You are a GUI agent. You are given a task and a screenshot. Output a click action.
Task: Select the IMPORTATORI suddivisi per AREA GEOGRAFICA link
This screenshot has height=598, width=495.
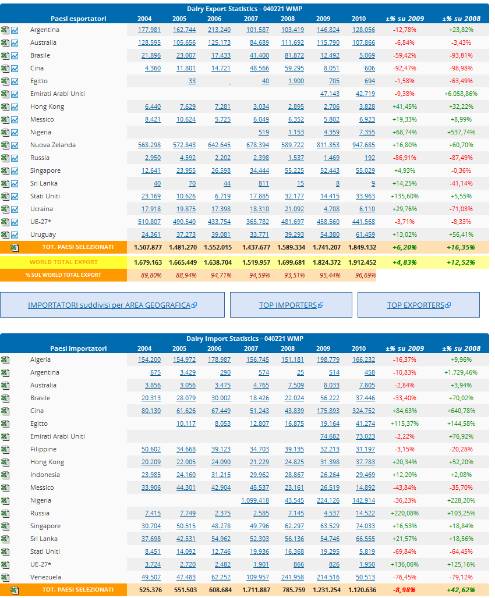point(112,305)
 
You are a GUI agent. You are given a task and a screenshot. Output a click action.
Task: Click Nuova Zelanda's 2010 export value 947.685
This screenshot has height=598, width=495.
point(363,145)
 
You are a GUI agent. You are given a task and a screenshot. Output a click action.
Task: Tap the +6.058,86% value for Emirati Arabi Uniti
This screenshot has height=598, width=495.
point(461,94)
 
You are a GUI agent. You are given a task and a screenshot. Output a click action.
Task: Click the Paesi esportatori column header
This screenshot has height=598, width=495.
point(78,19)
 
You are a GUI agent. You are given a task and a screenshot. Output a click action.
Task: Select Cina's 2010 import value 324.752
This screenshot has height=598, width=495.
point(363,411)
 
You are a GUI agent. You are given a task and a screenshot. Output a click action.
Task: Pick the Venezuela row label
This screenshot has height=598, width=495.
point(45,577)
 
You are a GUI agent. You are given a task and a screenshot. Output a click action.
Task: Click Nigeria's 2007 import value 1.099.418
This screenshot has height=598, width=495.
point(255,500)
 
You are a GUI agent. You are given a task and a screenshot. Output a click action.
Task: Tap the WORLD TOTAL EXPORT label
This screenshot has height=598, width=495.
point(63,262)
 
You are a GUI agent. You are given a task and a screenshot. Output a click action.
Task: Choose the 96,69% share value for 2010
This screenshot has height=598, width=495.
point(363,275)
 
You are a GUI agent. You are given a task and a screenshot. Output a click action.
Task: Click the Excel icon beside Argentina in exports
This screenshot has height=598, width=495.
point(5,30)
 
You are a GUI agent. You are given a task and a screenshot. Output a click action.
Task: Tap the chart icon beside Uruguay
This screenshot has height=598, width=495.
point(15,234)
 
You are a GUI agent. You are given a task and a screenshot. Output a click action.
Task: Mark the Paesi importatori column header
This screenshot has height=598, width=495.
point(78,348)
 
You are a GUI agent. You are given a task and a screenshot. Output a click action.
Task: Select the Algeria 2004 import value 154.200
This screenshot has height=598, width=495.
point(149,359)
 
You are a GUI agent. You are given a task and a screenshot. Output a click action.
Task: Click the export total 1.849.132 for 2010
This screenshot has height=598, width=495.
point(362,247)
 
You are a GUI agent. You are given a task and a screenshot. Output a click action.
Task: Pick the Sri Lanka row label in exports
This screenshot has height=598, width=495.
point(44,183)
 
